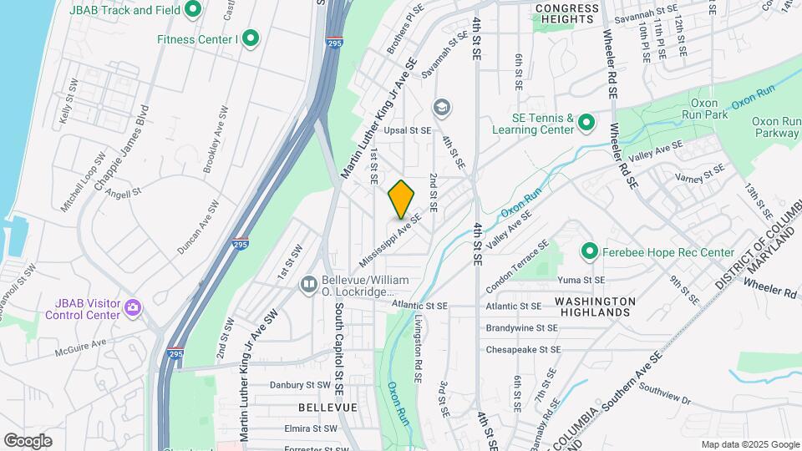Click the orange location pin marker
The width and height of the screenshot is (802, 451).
401,199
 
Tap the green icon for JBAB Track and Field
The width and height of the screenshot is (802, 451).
194,10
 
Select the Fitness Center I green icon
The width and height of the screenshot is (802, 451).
250,38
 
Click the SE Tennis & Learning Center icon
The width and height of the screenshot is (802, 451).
586,124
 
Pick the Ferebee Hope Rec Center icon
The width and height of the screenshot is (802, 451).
590,251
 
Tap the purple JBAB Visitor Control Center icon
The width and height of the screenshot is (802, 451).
132,309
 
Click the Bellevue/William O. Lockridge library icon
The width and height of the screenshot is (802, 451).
308,286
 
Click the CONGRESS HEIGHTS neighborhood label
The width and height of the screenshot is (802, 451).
567,13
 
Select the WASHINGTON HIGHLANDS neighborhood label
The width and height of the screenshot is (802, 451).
595,306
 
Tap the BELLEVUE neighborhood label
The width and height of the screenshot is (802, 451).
327,408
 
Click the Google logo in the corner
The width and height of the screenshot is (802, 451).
28,440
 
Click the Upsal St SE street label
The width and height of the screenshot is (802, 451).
408,131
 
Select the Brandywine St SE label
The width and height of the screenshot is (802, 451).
522,328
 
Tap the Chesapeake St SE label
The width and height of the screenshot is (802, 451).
524,349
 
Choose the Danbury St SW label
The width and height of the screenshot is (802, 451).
301,385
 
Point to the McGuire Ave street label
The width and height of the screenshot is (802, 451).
81,342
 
